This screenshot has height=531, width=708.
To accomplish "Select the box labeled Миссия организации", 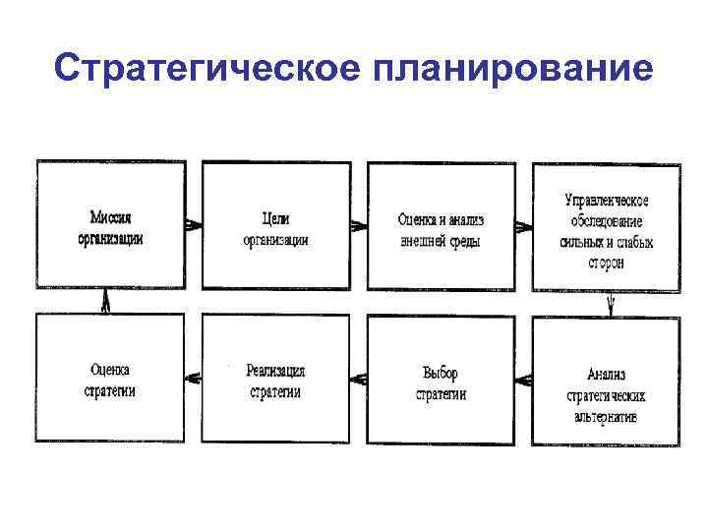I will click(x=110, y=226).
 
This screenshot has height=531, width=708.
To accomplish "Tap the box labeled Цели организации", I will click(x=275, y=226).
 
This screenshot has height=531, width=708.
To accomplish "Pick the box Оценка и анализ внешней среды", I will click(x=441, y=226).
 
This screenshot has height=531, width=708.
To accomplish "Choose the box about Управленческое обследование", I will click(x=606, y=226).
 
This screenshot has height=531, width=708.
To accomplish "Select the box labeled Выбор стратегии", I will click(x=441, y=381).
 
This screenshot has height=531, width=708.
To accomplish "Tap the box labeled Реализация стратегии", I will click(x=275, y=381).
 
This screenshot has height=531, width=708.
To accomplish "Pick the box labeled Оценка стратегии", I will click(x=110, y=381).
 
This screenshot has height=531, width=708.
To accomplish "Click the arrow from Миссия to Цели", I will click(x=194, y=225).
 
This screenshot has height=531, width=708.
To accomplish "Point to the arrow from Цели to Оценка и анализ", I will click(x=359, y=225).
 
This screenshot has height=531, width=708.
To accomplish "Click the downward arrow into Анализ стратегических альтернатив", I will click(x=610, y=304).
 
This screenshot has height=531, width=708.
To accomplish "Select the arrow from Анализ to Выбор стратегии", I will click(x=524, y=379).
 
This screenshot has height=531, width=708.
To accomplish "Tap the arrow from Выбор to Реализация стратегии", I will click(x=359, y=379).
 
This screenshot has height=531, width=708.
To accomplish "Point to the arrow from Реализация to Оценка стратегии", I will click(x=194, y=379).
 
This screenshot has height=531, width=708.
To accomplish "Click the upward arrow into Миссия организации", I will click(x=105, y=304).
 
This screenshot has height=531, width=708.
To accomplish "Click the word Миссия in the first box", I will click(x=111, y=217).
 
